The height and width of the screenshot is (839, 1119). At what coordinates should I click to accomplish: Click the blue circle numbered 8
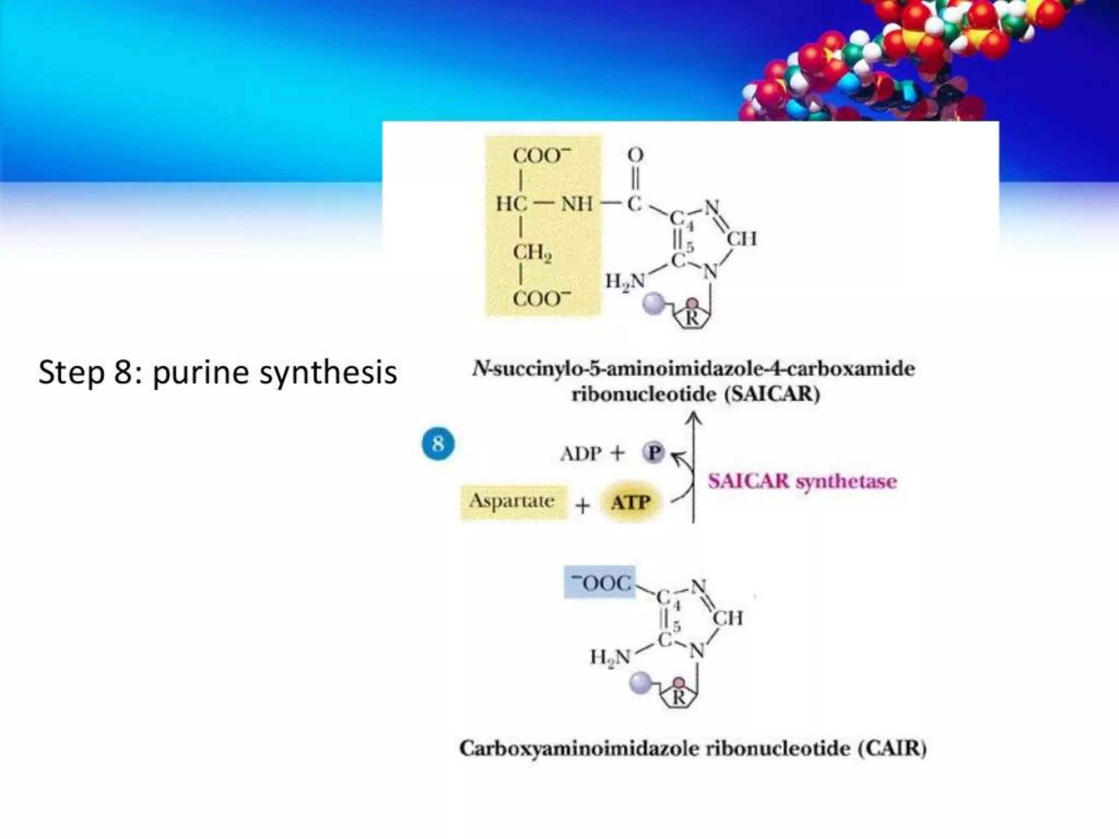[438, 443]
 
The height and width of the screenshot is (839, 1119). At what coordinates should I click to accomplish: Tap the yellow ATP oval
[631, 502]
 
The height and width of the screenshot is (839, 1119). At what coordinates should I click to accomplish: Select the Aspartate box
[513, 501]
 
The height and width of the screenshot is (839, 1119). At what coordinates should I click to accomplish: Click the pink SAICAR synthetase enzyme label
[802, 481]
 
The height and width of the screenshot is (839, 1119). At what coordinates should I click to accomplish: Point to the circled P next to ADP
[653, 452]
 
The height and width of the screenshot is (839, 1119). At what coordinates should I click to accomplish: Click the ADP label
[580, 453]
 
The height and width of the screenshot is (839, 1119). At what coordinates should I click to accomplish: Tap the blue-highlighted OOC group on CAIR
[600, 582]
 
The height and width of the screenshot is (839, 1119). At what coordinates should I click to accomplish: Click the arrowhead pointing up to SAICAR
[694, 418]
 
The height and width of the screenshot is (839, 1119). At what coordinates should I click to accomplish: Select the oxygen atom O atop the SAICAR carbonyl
[635, 155]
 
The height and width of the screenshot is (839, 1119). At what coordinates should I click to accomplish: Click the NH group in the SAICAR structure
[576, 204]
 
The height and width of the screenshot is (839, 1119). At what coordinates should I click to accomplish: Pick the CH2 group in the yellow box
[532, 252]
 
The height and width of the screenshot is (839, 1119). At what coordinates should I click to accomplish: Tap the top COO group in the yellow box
[540, 155]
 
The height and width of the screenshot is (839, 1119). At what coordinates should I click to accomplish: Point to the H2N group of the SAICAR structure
[625, 282]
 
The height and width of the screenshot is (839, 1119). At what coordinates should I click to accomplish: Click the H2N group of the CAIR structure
[610, 657]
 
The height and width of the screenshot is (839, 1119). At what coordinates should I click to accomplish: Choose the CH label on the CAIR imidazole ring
[727, 618]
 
